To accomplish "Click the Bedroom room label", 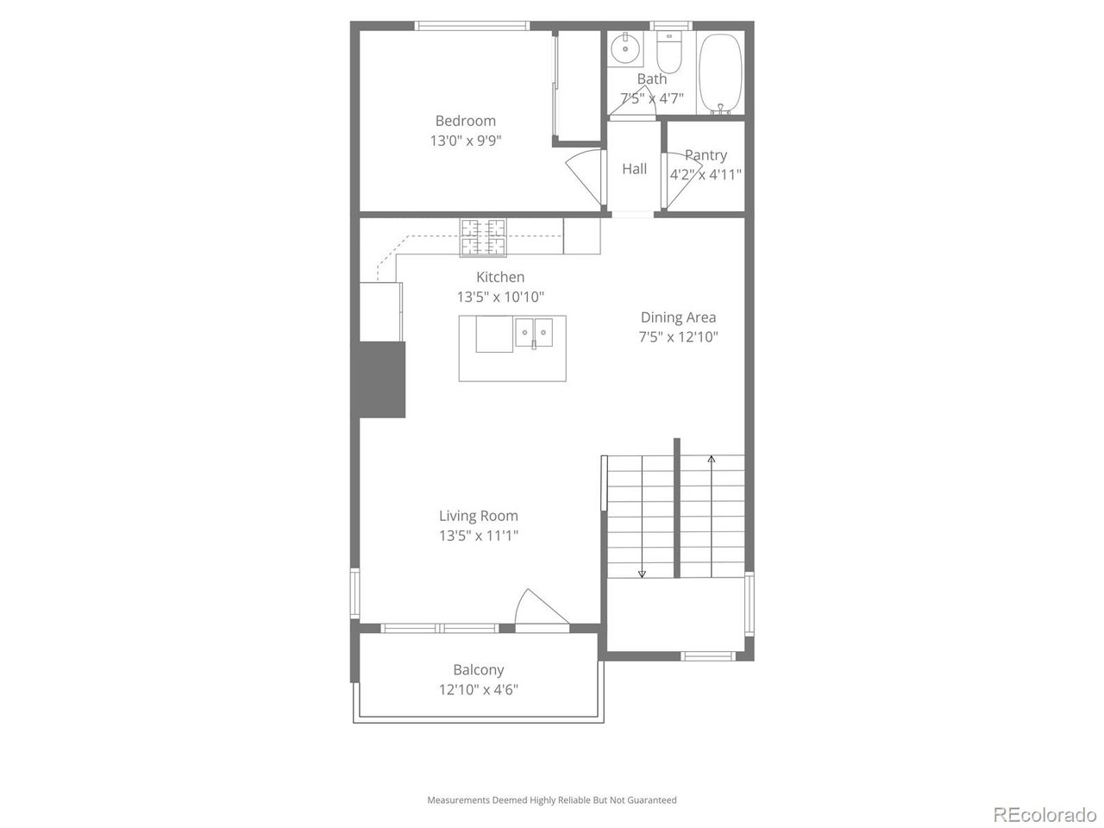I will pos(465,121).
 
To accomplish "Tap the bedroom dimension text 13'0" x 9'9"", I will pos(465,141).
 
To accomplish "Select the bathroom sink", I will pos(625,48).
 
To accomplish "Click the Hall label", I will pos(634,169).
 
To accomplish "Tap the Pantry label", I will pos(706,155).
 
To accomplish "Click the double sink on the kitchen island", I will pos(535,332).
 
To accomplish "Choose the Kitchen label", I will pos(500,277).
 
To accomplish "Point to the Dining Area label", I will pos(678,317).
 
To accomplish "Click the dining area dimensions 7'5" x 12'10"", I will pos(678,337).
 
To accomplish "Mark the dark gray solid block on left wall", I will pos(380,379).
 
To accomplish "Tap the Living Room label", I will pos(479,516).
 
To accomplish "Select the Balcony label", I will pos(479,669).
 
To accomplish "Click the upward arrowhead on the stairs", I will pos(711,460).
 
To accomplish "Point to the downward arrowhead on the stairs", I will pos(643,574).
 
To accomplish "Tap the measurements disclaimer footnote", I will pos(552,800).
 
